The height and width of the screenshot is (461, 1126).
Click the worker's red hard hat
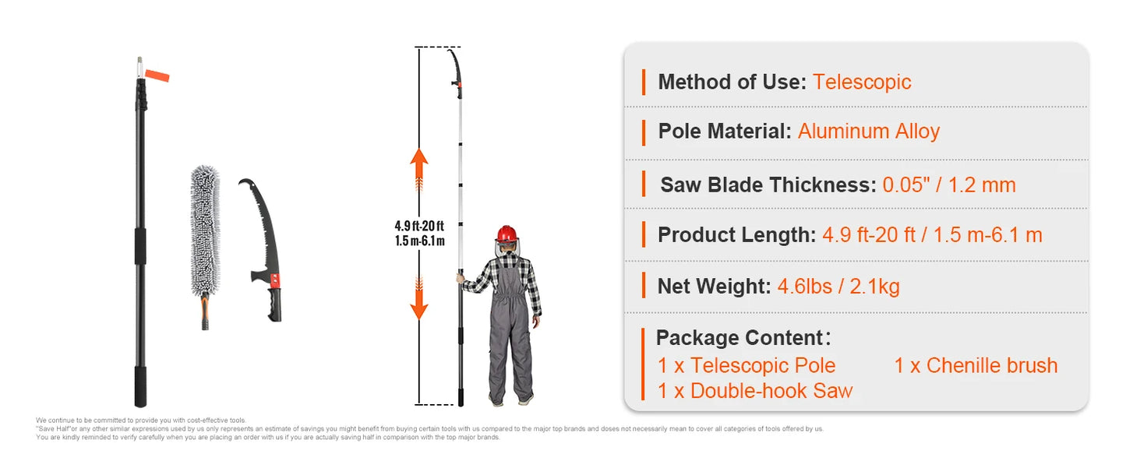tap(507, 234)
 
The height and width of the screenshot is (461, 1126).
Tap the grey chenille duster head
tap(206, 229)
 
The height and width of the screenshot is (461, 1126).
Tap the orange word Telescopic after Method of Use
tap(862, 82)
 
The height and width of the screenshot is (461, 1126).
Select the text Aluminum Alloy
tap(869, 132)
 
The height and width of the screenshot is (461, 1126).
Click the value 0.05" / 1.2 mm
tap(949, 185)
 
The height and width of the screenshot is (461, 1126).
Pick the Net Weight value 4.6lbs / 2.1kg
tap(838, 287)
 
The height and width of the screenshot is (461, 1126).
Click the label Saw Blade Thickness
tap(768, 185)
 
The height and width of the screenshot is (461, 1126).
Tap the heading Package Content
tap(740, 338)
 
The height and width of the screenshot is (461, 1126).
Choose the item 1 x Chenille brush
tap(976, 365)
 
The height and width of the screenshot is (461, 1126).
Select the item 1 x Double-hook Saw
tap(754, 391)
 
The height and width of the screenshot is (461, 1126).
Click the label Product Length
tap(736, 235)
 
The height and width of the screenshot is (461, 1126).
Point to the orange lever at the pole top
tap(157, 76)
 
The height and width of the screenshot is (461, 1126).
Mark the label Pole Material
tap(724, 132)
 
